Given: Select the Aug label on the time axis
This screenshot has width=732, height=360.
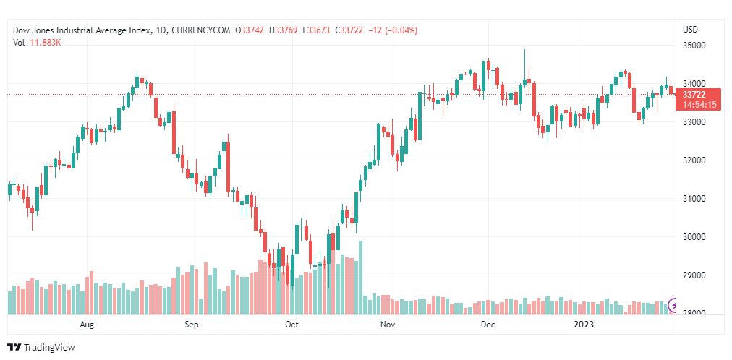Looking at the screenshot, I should [88, 325].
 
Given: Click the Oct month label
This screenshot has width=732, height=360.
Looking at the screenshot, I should [292, 325].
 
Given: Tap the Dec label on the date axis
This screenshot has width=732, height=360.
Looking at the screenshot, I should [488, 325].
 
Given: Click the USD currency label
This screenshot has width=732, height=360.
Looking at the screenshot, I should [690, 30].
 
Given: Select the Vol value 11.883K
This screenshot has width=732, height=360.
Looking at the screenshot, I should [44, 42].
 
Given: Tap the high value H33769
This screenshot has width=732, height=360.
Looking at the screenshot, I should [285, 30].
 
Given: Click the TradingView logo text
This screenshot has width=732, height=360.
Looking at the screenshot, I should [48, 348].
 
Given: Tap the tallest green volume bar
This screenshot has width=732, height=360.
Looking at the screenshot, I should [360, 278].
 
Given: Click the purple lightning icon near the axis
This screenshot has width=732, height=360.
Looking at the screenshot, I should [675, 305].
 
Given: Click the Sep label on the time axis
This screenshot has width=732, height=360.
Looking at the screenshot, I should [191, 325].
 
